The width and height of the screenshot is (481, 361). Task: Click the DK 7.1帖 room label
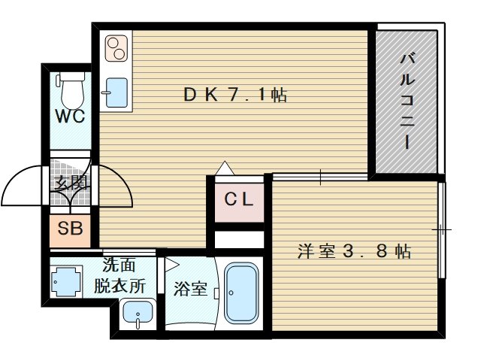coord(235,95)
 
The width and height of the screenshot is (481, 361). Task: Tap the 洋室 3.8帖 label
coord(354,251)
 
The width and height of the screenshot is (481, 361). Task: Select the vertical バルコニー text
coord(407,102)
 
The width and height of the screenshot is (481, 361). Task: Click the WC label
coord(70,117)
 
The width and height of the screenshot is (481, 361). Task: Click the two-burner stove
coord(116,48)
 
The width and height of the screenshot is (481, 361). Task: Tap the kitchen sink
coord(116,93)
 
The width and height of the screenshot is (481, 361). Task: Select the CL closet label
coord(239,199)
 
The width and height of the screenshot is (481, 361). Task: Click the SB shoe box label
coord(70,229)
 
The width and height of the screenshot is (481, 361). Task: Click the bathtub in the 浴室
coord(241,293)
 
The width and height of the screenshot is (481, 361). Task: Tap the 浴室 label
coord(190,289)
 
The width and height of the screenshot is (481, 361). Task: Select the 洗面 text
coord(119,265)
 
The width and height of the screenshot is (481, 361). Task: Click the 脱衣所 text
coord(119,286)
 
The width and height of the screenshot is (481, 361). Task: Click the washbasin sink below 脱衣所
coord(138,314)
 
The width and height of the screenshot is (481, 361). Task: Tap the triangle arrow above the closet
coord(225,168)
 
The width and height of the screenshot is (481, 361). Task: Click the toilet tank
coord(72,77)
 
